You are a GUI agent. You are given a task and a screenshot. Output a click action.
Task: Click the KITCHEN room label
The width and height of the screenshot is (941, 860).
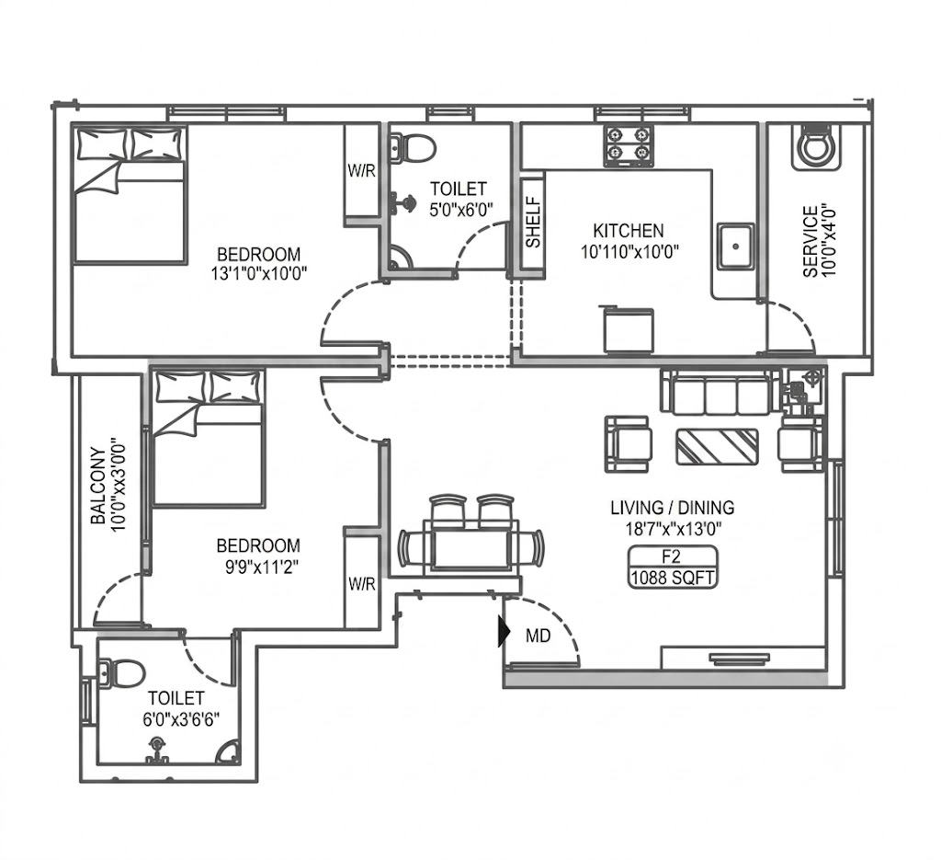tap(628, 231)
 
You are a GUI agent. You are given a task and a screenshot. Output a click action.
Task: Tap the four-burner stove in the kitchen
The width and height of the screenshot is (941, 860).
tap(628, 146)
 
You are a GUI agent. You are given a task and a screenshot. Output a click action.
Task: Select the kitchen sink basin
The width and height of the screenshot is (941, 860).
tap(736, 246)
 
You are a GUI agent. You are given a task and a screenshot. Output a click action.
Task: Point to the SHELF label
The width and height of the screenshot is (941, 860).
tap(533, 223)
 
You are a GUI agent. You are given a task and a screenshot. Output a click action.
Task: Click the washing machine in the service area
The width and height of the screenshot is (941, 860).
tap(815, 146)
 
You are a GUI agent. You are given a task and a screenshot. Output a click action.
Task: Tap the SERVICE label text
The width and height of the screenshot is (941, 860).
tap(811, 241)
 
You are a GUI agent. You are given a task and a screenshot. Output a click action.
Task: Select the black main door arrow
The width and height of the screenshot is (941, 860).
tap(505, 632)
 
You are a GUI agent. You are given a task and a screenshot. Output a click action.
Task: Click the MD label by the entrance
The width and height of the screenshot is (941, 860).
tap(538, 636)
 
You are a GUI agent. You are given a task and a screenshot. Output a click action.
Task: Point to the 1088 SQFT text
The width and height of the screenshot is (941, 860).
tap(672, 578)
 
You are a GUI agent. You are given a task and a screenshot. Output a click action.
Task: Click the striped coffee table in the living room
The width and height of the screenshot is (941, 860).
tap(717, 446)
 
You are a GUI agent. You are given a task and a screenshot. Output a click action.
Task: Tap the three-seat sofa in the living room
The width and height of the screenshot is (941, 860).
tap(717, 392)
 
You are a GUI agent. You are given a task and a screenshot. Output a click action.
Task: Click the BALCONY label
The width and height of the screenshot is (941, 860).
tap(97, 486)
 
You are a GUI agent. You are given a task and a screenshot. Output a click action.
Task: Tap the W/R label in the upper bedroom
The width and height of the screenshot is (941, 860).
tap(361, 170)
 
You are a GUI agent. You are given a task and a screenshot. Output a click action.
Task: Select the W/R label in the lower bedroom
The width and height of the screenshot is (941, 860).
tap(361, 583)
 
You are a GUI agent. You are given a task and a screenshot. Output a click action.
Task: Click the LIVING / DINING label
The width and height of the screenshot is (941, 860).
tap(672, 508)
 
